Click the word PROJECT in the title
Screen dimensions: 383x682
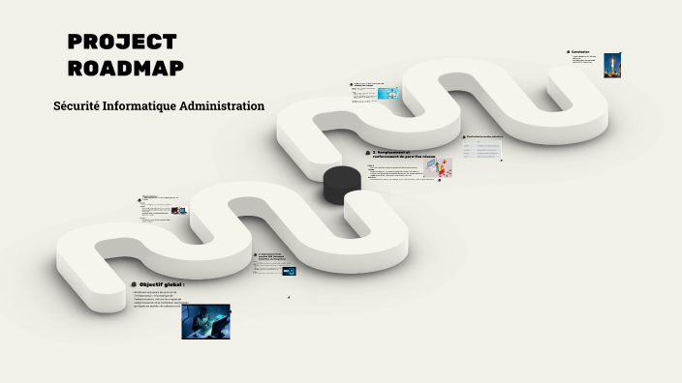tap(122, 43)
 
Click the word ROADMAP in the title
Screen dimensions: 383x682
tap(126, 68)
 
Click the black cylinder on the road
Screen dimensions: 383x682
tap(341, 184)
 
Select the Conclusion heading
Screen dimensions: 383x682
tap(581, 52)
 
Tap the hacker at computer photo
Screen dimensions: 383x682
tap(205, 321)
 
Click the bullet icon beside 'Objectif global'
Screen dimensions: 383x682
tap(134, 284)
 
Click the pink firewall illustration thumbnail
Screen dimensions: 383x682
tap(438, 168)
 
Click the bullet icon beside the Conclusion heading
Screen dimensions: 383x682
tap(568, 52)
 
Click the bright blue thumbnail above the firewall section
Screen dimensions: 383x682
tap(390, 94)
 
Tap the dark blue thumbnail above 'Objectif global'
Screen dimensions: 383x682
tap(289, 271)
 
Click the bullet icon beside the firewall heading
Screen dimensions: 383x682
tap(368, 153)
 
